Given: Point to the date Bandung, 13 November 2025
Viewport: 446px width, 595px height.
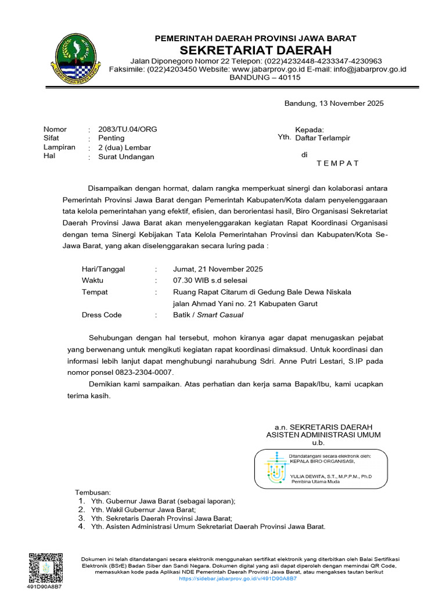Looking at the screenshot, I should pyautogui.click(x=334, y=103).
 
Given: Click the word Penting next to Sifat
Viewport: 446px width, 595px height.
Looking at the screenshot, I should pyautogui.click(x=111, y=138).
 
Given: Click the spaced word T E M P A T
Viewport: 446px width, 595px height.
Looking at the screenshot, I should pyautogui.click(x=338, y=163).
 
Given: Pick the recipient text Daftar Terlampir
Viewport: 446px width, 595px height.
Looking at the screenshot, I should pyautogui.click(x=323, y=138).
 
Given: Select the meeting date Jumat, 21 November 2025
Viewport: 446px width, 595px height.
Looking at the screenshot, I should pyautogui.click(x=218, y=269).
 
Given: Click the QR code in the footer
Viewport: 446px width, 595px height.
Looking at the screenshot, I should pyautogui.click(x=44, y=567).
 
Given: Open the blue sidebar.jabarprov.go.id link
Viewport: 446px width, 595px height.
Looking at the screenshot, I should pyautogui.click(x=238, y=579).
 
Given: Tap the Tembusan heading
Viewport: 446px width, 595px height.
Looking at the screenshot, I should pyautogui.click(x=85, y=492).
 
